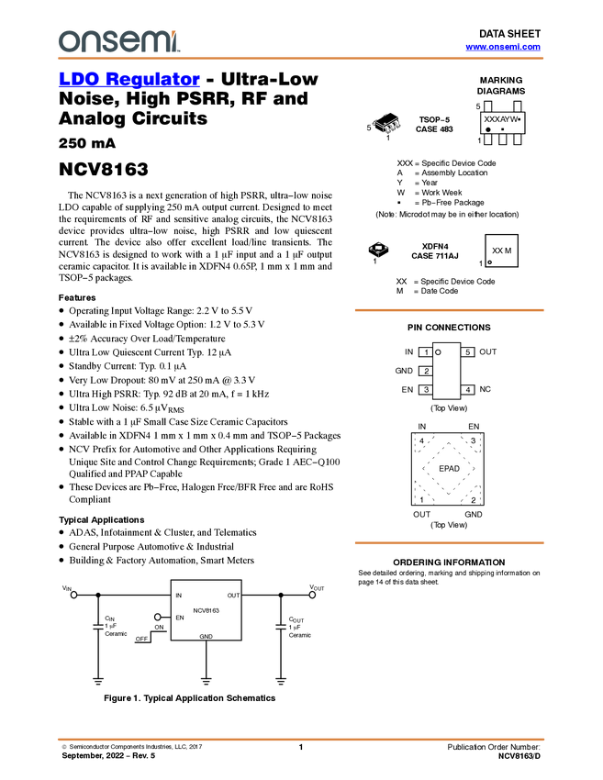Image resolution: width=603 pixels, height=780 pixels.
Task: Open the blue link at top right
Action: [503, 47]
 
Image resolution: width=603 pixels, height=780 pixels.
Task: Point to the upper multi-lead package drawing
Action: [387, 123]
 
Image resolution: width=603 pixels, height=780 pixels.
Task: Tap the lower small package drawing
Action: [378, 248]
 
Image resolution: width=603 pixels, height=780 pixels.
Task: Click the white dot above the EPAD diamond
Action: [438, 352]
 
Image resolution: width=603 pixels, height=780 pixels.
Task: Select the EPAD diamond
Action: [449, 469]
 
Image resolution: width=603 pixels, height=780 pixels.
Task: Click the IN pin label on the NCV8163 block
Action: [179, 596]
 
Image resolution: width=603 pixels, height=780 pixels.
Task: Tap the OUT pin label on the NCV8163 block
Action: [233, 596]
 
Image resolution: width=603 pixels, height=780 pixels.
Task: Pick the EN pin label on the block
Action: [180, 618]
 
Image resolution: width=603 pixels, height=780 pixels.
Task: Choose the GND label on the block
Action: [206, 635]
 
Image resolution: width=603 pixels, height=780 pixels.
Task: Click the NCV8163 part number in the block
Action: [206, 610]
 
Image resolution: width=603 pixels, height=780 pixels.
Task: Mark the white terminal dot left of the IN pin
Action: [74, 595]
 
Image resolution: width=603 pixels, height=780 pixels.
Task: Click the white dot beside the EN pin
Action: [158, 618]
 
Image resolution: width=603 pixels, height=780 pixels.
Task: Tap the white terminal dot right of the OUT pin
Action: [312, 595]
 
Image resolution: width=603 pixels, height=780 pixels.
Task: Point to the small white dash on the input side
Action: [97, 627]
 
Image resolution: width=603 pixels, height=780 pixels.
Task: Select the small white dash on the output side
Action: [281, 627]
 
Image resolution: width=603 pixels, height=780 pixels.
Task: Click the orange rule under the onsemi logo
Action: [300, 59]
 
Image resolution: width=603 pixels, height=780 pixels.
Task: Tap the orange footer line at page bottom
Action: [300, 739]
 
